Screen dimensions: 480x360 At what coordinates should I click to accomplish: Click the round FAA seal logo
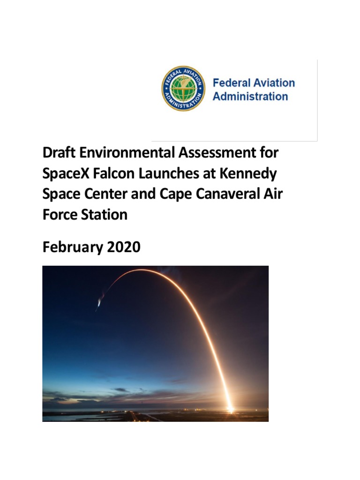[x=184, y=89]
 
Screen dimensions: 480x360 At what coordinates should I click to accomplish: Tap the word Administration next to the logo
[x=250, y=97]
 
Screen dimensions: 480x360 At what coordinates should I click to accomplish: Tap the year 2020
[x=123, y=247]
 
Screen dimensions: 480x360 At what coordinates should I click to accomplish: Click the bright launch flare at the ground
[x=230, y=409]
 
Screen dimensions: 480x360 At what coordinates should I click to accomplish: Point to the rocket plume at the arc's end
[x=99, y=303]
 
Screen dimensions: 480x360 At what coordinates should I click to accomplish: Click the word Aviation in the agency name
[x=273, y=83]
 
